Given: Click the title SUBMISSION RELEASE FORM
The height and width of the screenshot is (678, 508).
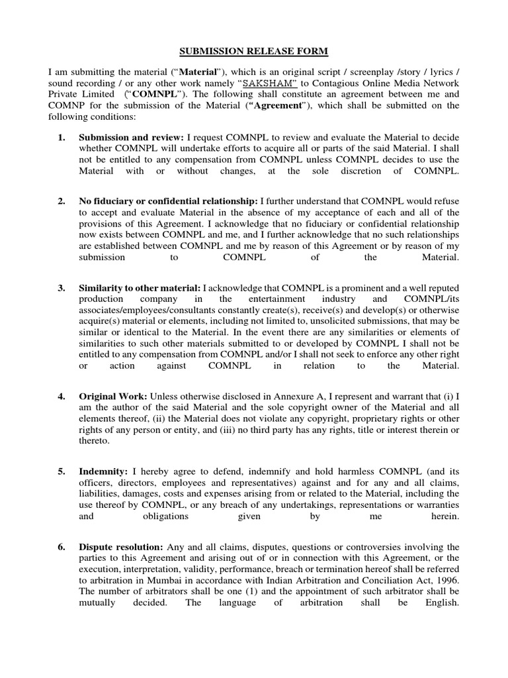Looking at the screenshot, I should pyautogui.click(x=253, y=52).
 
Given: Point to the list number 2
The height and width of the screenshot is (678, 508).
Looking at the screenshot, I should pyautogui.click(x=61, y=201).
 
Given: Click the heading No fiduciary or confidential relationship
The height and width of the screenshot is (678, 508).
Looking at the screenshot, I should pyautogui.click(x=169, y=201).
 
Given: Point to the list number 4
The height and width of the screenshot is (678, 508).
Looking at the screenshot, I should pyautogui.click(x=61, y=396).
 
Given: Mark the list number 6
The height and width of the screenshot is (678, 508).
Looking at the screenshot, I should pyautogui.click(x=61, y=548).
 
